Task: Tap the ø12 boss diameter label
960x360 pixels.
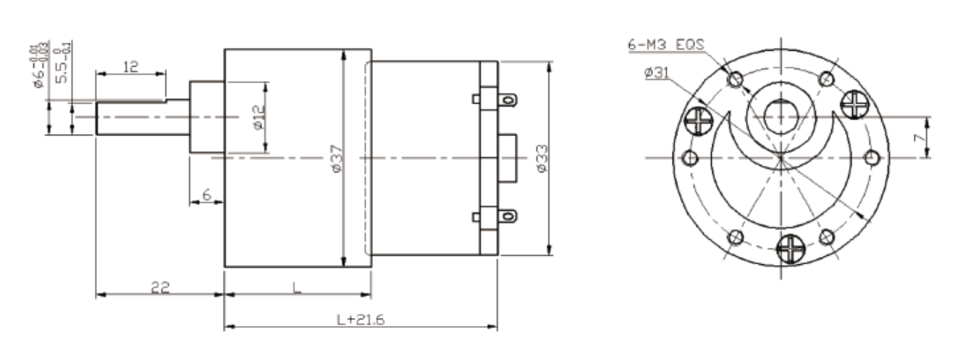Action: click(258, 117)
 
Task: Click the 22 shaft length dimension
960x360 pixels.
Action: click(160, 287)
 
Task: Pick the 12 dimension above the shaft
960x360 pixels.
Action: click(130, 67)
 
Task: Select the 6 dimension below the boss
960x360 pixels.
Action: click(206, 196)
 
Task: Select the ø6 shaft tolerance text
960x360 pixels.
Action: click(43, 65)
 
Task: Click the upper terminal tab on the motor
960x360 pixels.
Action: click(508, 99)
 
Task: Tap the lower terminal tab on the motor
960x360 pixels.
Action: click(508, 215)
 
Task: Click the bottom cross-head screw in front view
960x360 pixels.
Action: click(789, 250)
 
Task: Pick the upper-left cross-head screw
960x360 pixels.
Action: click(699, 120)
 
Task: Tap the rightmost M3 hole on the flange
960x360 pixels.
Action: click(872, 157)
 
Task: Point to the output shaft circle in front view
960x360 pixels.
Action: click(781, 116)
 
